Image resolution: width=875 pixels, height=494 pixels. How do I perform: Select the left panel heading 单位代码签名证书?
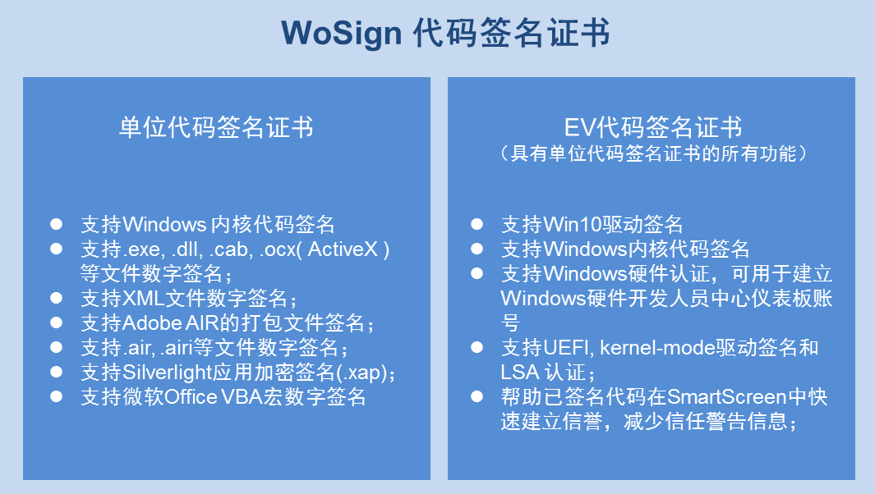click(216, 127)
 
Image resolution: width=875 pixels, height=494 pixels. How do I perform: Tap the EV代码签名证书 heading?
click(653, 127)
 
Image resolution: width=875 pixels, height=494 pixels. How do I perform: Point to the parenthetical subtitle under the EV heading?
click(653, 153)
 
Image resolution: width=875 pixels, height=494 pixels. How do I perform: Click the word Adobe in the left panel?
click(147, 322)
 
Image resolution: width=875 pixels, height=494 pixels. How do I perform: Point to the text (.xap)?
click(366, 373)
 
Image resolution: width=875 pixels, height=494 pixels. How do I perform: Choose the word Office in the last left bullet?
click(191, 397)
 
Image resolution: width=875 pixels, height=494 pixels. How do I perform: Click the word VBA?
click(238, 397)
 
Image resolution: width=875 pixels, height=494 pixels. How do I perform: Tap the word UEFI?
click(564, 347)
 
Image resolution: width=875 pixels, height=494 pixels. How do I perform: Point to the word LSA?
click(518, 372)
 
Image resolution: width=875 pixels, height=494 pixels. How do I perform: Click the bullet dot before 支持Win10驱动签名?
click(477, 224)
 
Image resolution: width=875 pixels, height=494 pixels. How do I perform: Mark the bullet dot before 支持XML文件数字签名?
click(57, 298)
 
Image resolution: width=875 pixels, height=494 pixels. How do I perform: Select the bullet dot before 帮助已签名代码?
click(477, 397)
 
